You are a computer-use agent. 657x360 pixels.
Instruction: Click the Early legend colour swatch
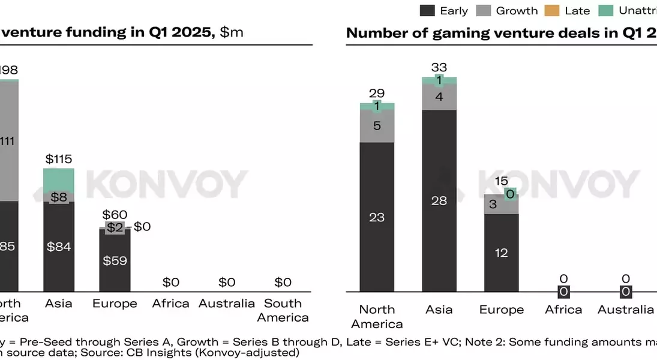[427, 10]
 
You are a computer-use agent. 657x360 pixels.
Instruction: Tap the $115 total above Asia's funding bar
[59, 159]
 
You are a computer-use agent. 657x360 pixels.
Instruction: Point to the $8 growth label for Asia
[59, 197]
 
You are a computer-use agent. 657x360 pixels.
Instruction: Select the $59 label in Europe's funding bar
[115, 260]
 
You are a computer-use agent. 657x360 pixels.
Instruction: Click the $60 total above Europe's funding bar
[115, 214]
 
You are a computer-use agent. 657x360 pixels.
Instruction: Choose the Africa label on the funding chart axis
[170, 304]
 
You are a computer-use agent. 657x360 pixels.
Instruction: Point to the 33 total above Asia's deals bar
[439, 67]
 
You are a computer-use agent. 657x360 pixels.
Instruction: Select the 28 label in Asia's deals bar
[439, 201]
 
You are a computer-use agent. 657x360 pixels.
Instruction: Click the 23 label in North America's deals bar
[377, 217]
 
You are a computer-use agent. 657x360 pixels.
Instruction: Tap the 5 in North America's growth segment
[377, 126]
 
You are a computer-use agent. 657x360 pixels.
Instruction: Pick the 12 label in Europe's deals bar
[502, 253]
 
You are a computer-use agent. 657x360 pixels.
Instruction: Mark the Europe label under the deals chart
[502, 310]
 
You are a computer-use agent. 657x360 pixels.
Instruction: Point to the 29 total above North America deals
[377, 93]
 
